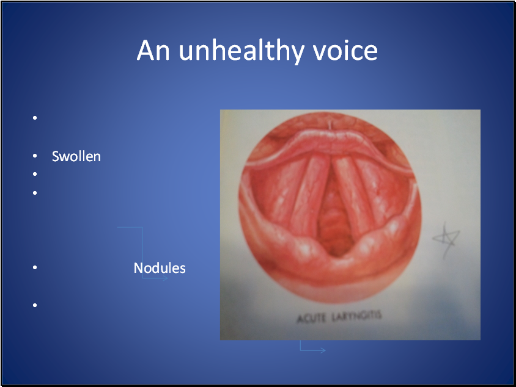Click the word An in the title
coord(153,51)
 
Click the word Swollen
coord(76,156)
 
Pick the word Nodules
coord(160,268)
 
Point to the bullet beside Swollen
coord(35,157)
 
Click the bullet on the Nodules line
coord(35,268)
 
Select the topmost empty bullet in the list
coord(35,118)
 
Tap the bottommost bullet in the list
coord(35,305)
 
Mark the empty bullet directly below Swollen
coord(35,175)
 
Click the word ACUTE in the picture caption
coord(311,317)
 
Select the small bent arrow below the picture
coord(312,348)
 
